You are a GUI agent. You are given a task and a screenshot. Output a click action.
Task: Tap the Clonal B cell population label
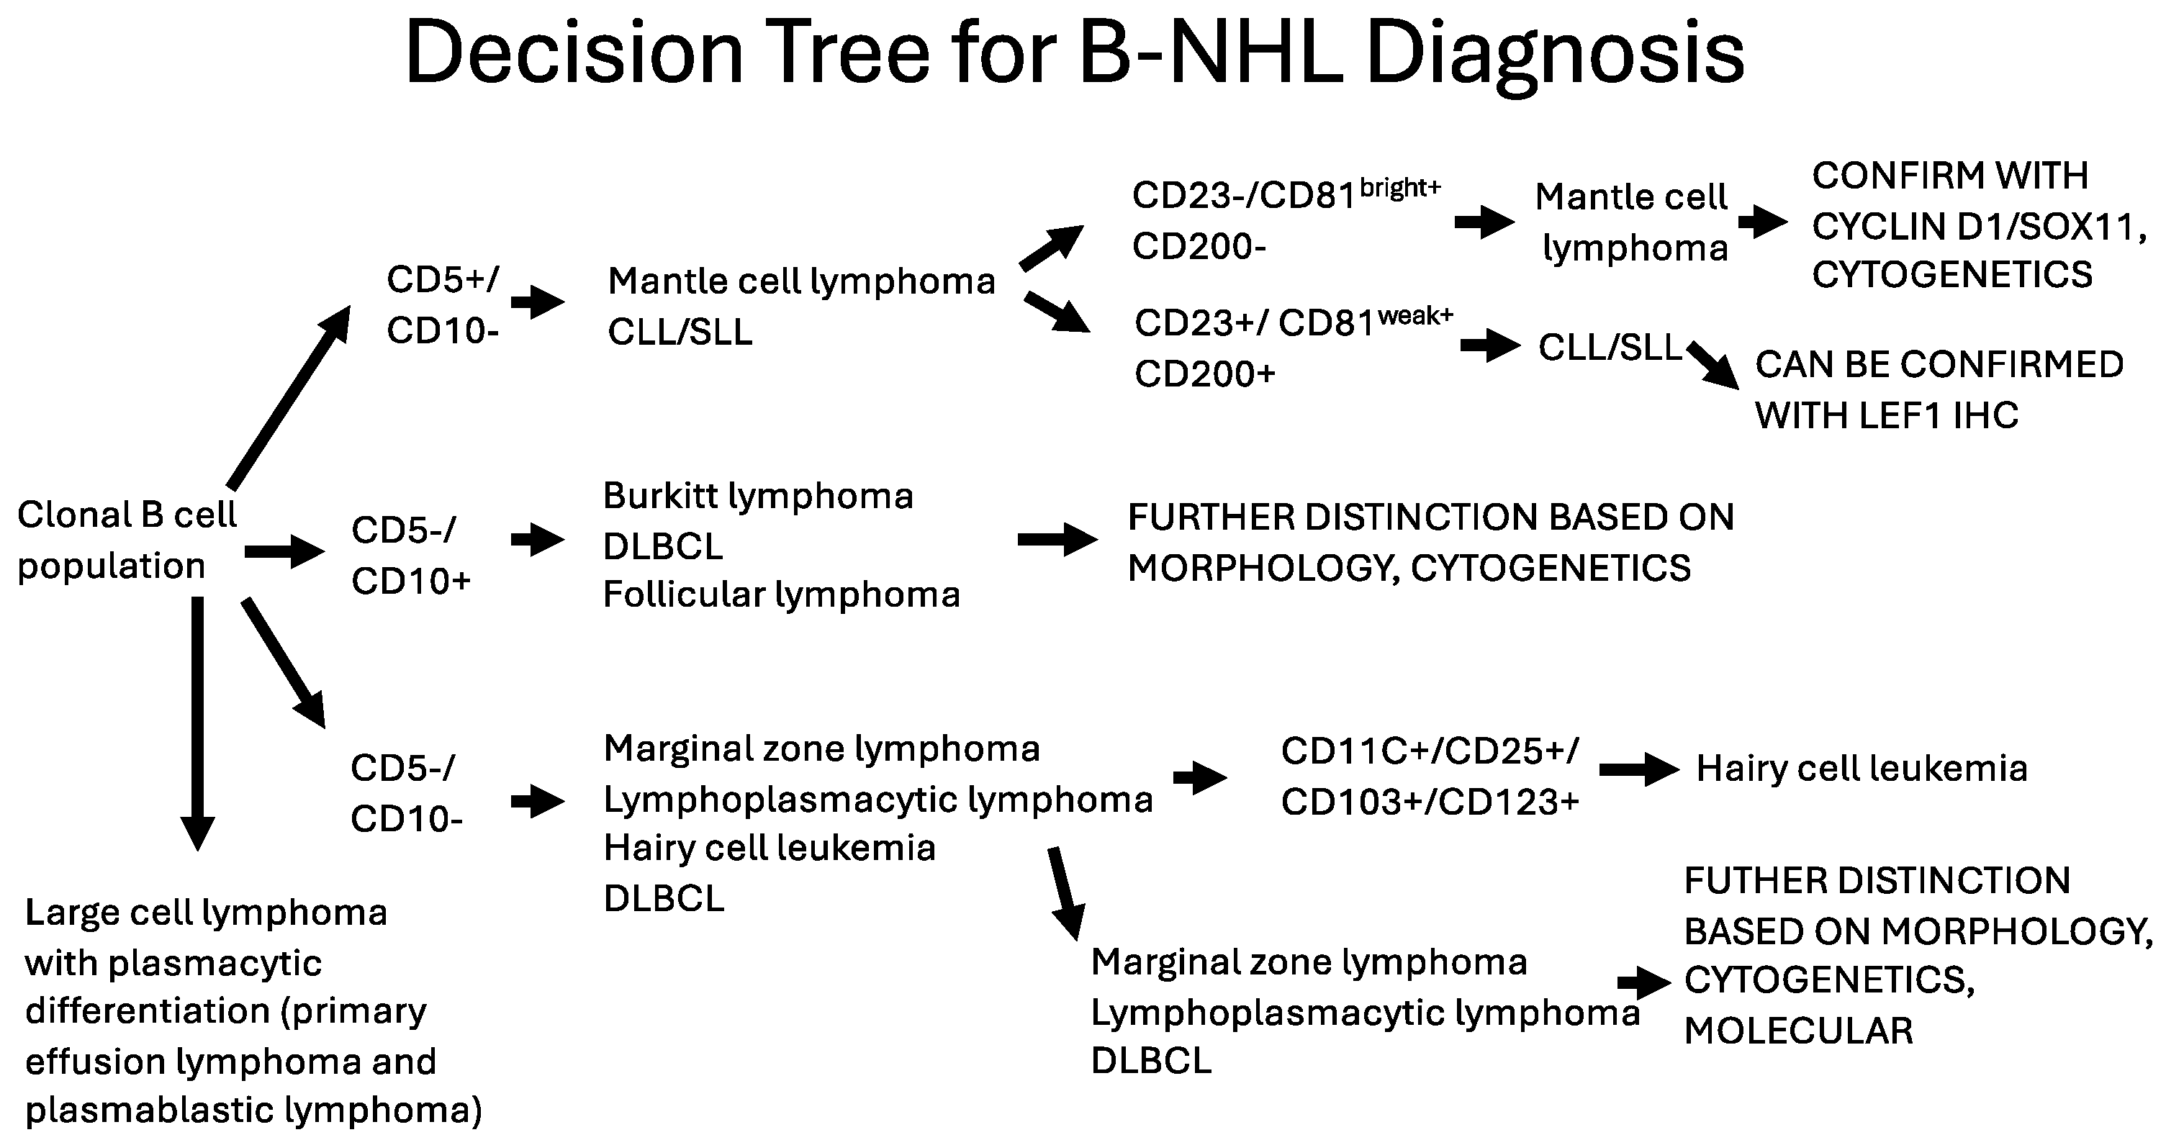(x=126, y=540)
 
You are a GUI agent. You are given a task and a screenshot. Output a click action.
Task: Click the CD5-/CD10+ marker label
(x=410, y=555)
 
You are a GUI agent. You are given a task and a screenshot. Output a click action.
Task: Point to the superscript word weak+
(x=1415, y=315)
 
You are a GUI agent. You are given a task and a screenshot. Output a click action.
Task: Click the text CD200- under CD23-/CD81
(x=1199, y=246)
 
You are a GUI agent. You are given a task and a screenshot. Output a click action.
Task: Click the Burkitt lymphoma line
(x=757, y=496)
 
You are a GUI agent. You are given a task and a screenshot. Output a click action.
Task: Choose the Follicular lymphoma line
(x=781, y=595)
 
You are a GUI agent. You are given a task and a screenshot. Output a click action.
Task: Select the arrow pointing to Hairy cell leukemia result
(x=1638, y=769)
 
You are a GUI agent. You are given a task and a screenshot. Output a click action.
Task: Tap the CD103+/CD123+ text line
(x=1430, y=802)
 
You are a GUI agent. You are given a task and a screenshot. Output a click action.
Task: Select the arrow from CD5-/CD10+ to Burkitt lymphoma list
(x=536, y=539)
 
